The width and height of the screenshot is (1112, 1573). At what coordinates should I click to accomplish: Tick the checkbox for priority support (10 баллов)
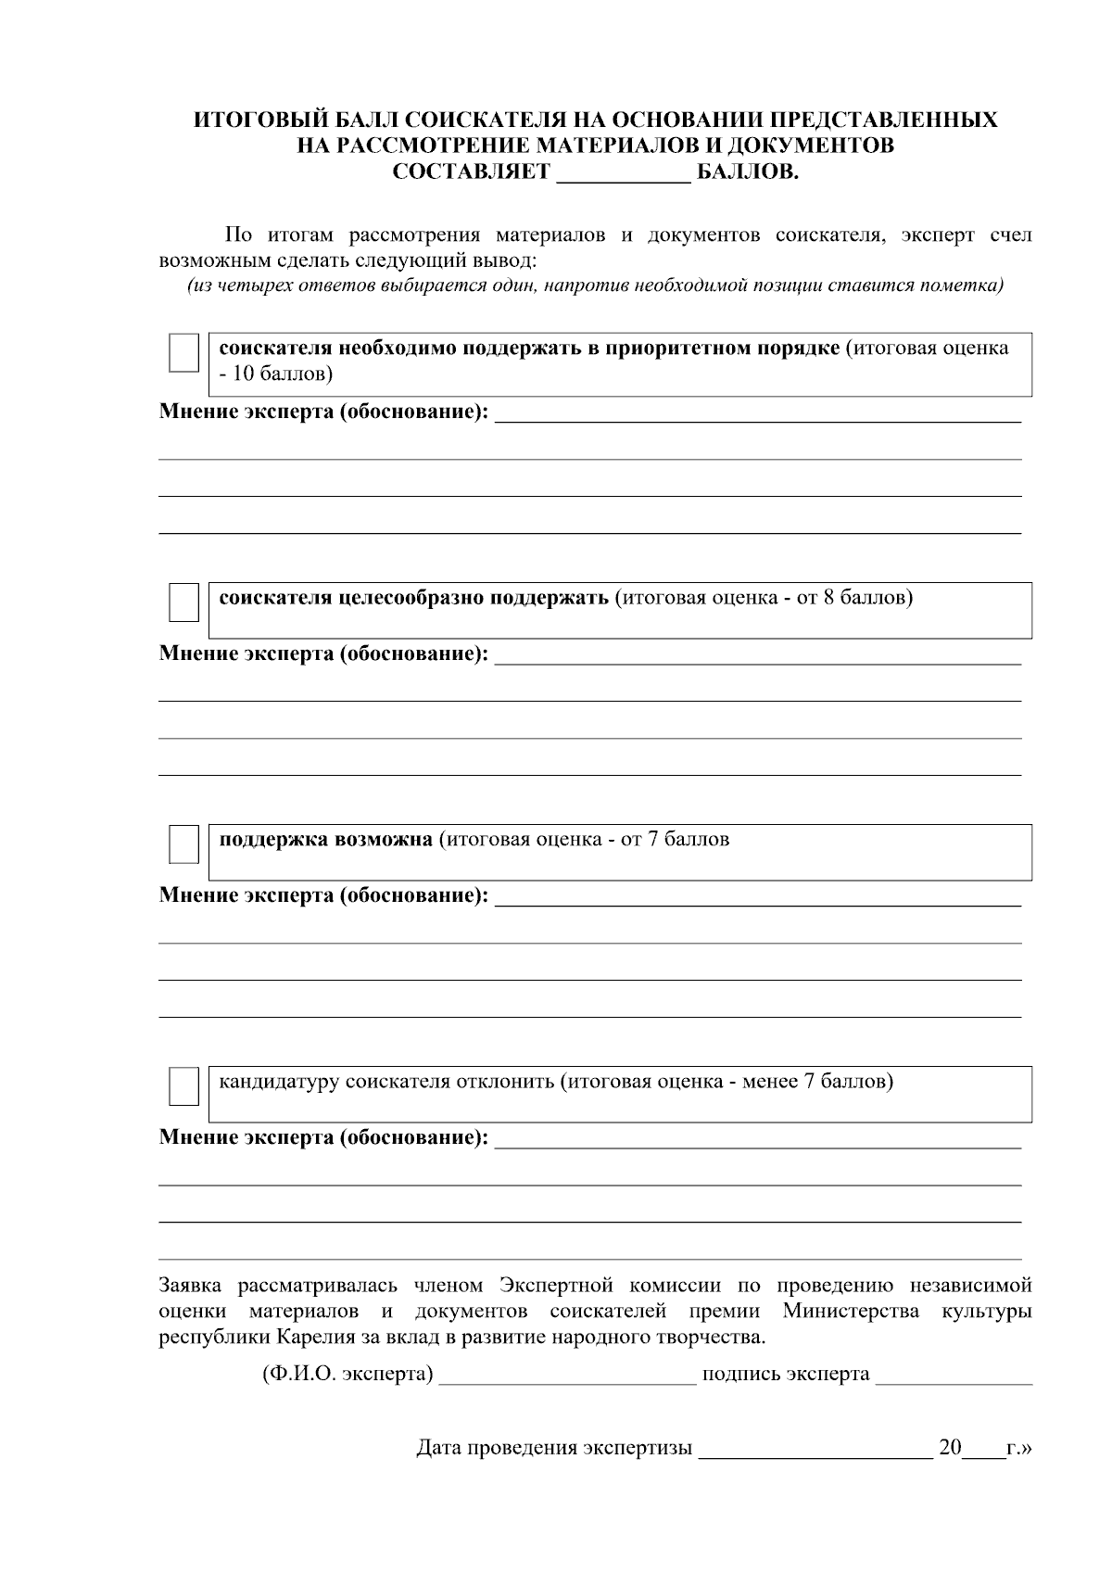coord(183,354)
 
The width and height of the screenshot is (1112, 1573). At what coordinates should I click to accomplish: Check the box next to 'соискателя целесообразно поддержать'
coord(183,603)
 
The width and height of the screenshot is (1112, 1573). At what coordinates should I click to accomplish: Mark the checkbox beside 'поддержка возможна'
coord(183,845)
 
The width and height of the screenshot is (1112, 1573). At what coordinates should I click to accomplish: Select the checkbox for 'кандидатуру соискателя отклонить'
coord(183,1086)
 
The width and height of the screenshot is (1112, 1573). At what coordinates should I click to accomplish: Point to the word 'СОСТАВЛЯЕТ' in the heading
coord(471,173)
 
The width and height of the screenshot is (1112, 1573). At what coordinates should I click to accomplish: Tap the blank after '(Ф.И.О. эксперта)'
coord(567,1375)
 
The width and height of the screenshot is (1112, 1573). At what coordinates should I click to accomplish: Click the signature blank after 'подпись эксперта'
coord(954,1375)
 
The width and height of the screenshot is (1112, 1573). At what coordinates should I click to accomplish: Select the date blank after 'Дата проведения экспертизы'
coord(815,1449)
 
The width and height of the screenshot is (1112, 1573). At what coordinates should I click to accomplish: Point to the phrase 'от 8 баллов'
coord(852,598)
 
